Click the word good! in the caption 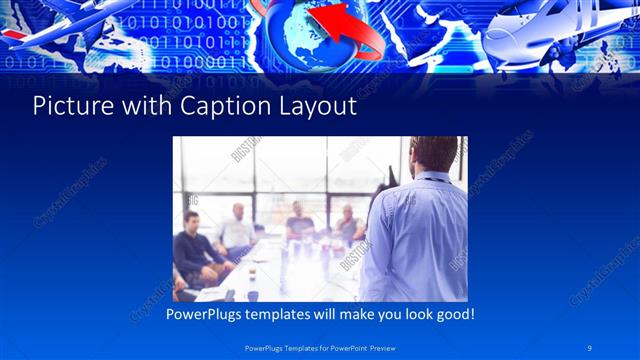(x=451, y=314)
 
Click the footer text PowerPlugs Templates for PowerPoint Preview (x=320, y=347)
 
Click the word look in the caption (x=406, y=314)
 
